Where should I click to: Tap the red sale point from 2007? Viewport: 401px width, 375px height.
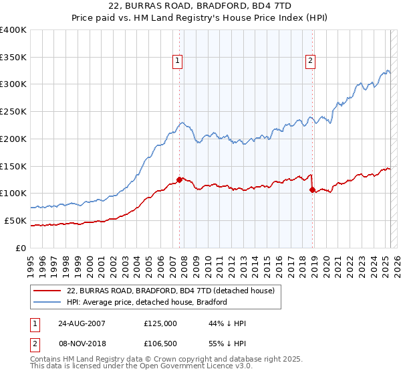[x=179, y=179]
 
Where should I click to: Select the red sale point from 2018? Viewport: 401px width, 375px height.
[x=312, y=190]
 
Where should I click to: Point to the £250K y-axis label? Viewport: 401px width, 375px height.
[x=13, y=111]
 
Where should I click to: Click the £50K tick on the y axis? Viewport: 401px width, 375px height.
[x=15, y=220]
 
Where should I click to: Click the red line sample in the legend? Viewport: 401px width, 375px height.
[x=47, y=291]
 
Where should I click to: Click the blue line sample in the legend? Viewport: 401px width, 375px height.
[x=47, y=302]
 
